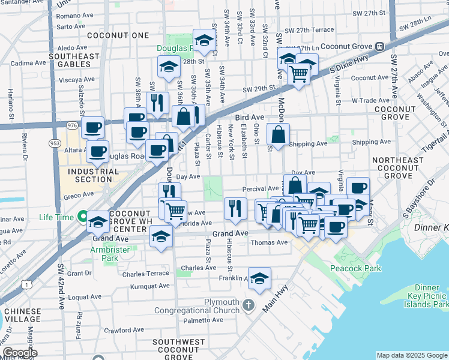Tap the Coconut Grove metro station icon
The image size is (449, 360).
379,46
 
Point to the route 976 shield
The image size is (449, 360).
72,125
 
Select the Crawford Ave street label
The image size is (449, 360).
125,330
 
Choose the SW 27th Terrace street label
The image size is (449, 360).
309,30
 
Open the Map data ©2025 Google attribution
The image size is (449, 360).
411,355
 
